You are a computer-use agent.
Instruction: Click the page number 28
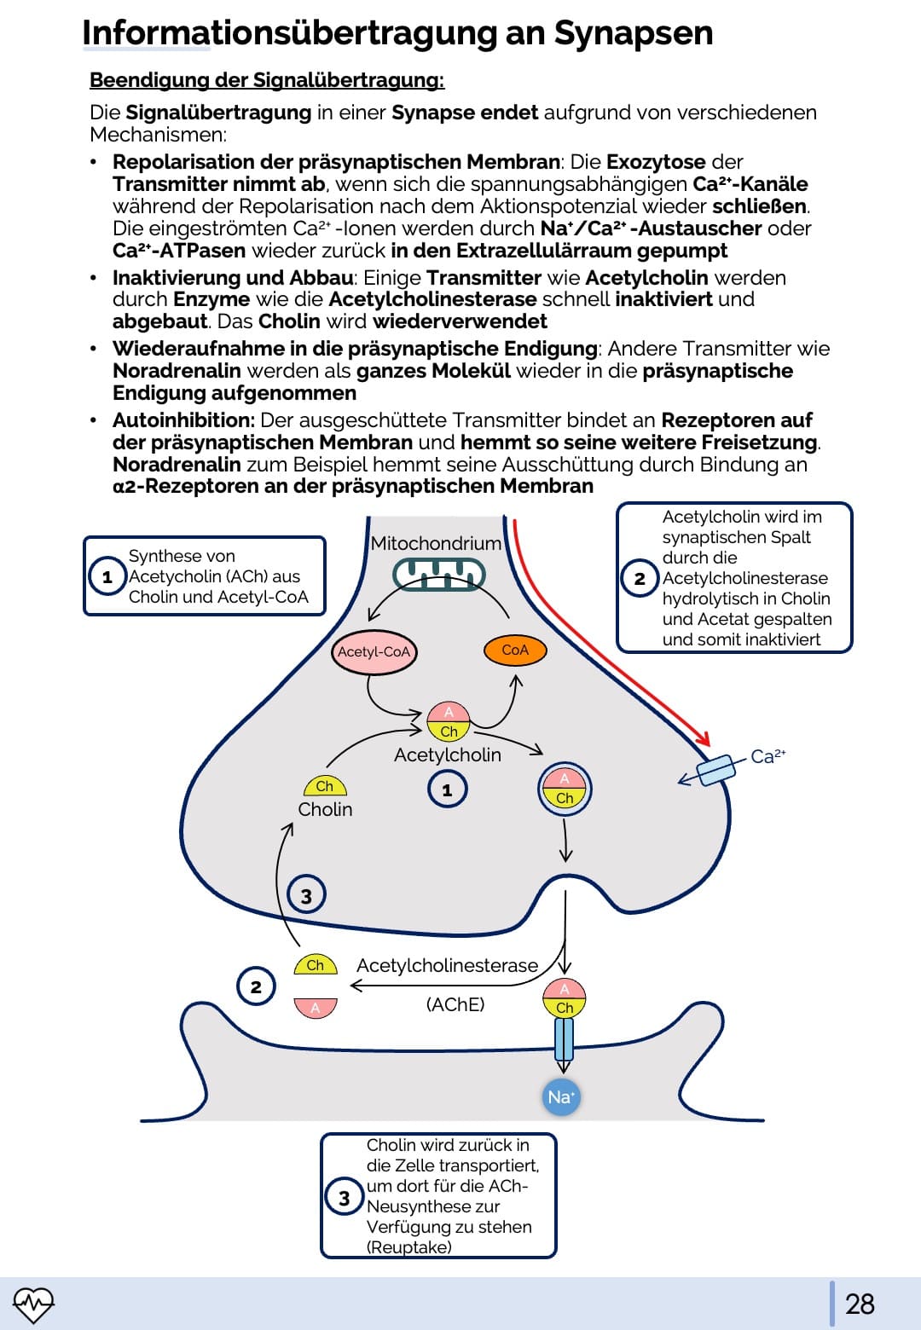(x=860, y=1304)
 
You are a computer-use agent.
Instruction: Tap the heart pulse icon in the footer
(x=33, y=1304)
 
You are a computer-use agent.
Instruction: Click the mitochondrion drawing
(x=438, y=575)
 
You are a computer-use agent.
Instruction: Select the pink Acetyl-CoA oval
(x=374, y=651)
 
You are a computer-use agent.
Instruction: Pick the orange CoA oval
(x=515, y=650)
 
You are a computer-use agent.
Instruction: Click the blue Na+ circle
(x=561, y=1097)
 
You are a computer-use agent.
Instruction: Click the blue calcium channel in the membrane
(x=715, y=770)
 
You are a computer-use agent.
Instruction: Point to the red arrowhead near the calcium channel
(x=703, y=738)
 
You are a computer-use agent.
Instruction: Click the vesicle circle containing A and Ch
(x=565, y=789)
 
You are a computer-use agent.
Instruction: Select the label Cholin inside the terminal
(x=325, y=809)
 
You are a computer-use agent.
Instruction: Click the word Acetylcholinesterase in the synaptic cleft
(x=447, y=965)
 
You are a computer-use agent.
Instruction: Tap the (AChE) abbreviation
(x=455, y=1004)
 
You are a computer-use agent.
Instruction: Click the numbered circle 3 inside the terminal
(x=306, y=895)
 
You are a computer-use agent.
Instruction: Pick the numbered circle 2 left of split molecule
(x=256, y=986)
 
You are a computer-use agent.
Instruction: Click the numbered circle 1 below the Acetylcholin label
(x=447, y=789)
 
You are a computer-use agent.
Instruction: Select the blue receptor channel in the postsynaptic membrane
(x=564, y=1039)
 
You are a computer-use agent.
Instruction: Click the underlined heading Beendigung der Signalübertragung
(x=267, y=80)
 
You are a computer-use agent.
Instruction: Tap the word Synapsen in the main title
(x=634, y=32)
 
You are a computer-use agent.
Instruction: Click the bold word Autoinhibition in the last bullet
(x=183, y=420)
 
